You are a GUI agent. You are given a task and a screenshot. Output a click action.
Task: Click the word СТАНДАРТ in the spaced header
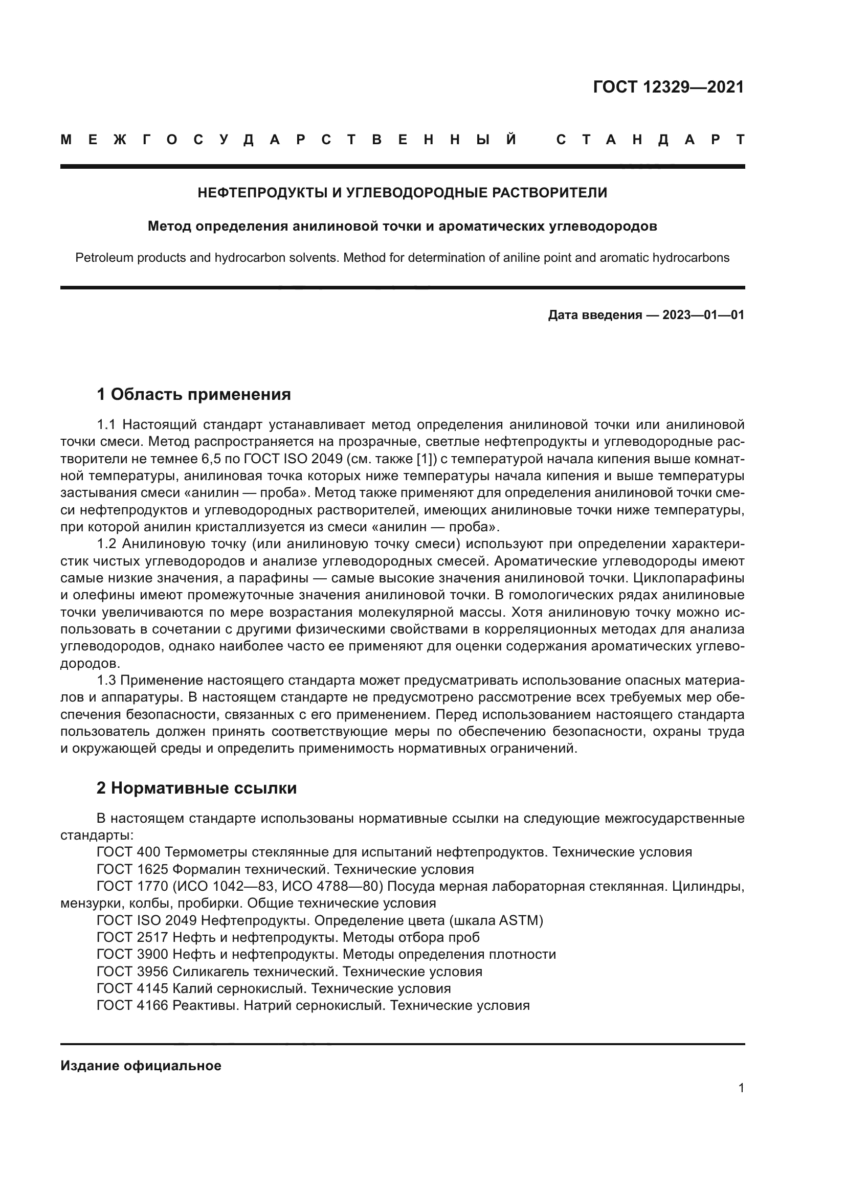click(x=650, y=140)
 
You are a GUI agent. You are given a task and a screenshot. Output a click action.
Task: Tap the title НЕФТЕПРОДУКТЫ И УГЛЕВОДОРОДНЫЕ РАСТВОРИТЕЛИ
click(x=402, y=193)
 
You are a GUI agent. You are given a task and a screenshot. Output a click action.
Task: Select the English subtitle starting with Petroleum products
click(x=402, y=258)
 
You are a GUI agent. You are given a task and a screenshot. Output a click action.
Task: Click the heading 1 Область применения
click(x=193, y=394)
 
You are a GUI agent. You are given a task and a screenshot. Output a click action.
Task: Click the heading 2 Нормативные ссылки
click(x=196, y=788)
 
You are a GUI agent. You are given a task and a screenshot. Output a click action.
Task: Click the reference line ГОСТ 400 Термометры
click(x=394, y=852)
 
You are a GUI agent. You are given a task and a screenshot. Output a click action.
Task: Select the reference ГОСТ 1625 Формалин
click(x=285, y=869)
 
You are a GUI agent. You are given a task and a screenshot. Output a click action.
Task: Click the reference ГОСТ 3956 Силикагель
click(x=289, y=972)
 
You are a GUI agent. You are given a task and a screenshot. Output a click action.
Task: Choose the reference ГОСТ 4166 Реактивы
click(x=313, y=1006)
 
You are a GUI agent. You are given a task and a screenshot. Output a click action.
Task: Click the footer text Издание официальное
click(x=141, y=1066)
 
